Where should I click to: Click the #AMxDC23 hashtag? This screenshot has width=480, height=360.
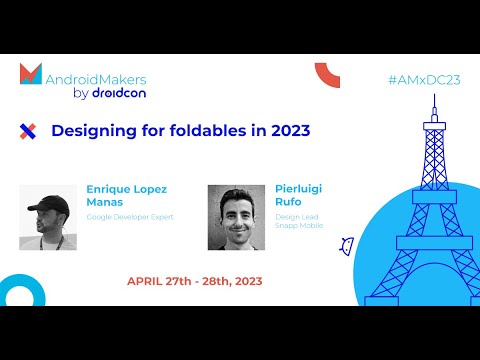424,80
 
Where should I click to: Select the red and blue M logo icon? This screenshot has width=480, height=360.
31,74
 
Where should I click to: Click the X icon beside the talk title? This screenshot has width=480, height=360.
28,130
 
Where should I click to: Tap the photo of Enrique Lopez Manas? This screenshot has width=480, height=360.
49,217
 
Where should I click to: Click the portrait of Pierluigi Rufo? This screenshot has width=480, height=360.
236,217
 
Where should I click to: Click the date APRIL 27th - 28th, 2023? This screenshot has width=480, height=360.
194,281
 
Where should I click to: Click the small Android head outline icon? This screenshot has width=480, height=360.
347,245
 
